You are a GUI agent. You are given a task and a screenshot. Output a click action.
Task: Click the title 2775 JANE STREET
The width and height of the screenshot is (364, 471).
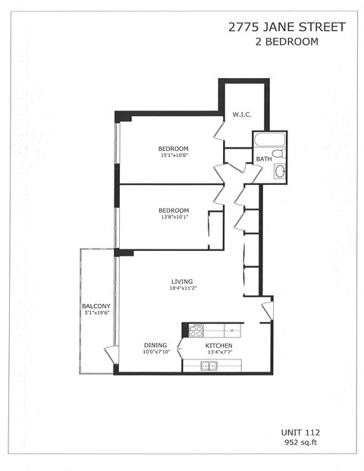287,27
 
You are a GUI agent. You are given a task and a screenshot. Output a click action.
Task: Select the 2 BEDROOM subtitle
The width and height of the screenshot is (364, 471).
287,42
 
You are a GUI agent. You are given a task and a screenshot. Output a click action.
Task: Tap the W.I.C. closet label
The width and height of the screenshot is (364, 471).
242,115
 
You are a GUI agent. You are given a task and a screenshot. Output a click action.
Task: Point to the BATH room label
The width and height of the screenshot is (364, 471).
263,159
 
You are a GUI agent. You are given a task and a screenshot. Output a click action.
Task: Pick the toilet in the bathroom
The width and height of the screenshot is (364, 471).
278,153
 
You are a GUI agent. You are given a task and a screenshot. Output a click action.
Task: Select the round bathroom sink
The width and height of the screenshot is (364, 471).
279,171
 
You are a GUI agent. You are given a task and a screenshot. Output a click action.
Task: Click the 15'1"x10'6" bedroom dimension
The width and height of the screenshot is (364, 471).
174,155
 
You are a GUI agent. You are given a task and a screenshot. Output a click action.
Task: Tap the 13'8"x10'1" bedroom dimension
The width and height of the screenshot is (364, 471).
174,217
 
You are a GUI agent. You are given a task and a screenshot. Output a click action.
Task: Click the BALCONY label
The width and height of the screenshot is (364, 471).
96,306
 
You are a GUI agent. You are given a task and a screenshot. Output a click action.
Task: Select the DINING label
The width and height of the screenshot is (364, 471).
155,345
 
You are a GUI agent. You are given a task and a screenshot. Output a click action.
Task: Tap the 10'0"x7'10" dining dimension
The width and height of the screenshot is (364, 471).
155,352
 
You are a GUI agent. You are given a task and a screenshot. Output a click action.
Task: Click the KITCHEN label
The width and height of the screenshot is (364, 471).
219,345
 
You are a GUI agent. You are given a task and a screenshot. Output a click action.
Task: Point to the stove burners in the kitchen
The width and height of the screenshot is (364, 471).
196,330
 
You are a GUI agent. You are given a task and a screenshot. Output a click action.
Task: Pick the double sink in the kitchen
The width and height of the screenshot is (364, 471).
209,366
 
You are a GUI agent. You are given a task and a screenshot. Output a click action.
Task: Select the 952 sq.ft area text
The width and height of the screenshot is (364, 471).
302,442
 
